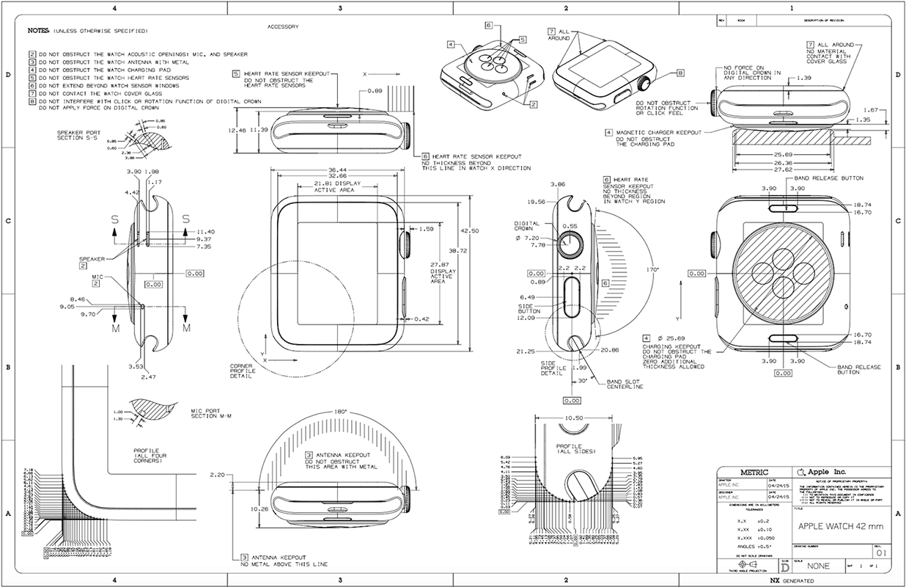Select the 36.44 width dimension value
pos(338,169)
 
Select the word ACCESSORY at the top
pos(284,26)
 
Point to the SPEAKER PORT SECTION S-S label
pos(74,136)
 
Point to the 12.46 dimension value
pos(236,130)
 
